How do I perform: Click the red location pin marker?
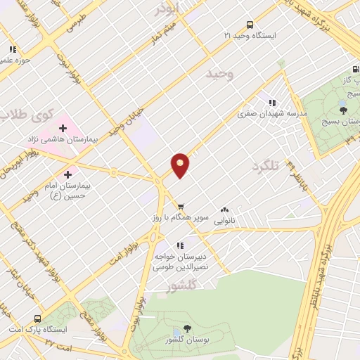181,165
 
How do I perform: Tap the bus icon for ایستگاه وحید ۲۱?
250,24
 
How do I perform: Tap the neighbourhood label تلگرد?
265,166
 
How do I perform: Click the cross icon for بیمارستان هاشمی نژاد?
63,128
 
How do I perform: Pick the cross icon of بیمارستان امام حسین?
68,174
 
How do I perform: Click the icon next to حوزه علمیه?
12,49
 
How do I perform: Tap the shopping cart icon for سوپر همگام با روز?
181,207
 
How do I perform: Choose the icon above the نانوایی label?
224,209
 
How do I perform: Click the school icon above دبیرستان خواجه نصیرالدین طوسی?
180,245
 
